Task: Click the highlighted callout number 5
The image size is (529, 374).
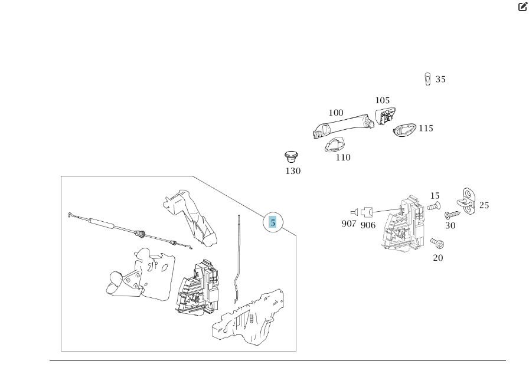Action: coord(273,222)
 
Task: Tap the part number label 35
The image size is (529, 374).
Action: coord(440,80)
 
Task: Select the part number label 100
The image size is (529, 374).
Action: coord(336,113)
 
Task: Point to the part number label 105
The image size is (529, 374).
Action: coord(382,100)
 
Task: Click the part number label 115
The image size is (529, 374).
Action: coord(426,128)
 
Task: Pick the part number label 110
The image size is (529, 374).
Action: coord(342,158)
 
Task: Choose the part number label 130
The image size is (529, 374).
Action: coord(293,171)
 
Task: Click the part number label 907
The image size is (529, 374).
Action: coord(349,224)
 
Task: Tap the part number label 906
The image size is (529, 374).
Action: coord(368,225)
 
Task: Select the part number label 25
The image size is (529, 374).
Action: coord(484,205)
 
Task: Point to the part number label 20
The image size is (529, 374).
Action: coord(438,257)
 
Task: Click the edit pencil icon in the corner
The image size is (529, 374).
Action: coord(523,7)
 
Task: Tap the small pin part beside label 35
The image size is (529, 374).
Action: coord(427,79)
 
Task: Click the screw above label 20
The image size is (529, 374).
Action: coord(437,242)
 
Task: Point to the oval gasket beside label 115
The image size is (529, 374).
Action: coord(404,129)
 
